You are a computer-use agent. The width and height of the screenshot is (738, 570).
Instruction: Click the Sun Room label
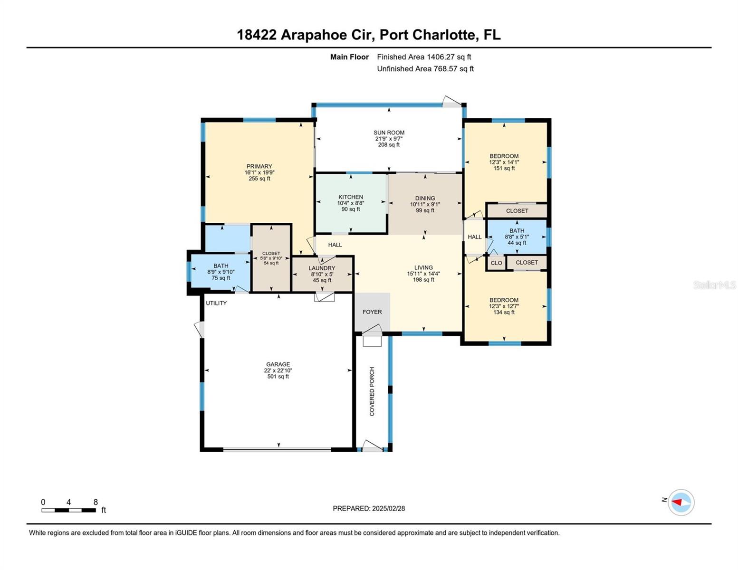[x=389, y=133]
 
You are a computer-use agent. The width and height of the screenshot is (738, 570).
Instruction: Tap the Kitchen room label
[x=351, y=197]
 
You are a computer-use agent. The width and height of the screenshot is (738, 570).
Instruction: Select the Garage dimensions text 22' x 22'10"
[x=278, y=370]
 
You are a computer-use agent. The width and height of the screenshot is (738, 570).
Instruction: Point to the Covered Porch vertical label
[x=372, y=391]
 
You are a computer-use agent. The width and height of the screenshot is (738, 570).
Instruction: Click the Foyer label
[x=372, y=312]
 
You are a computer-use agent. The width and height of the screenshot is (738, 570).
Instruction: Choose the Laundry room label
[x=322, y=268]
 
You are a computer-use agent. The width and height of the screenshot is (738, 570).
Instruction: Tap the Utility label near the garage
[x=216, y=303]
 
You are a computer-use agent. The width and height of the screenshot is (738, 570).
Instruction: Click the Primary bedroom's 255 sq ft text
[x=259, y=179]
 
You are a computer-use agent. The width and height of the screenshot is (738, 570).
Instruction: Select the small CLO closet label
[x=496, y=263]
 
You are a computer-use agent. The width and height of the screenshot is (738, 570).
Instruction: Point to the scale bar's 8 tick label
[x=96, y=502]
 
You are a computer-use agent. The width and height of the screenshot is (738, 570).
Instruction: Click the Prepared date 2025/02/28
[x=388, y=508]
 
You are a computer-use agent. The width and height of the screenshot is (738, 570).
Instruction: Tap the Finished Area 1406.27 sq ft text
[x=424, y=57]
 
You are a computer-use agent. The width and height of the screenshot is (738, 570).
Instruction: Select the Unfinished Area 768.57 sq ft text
[x=425, y=69]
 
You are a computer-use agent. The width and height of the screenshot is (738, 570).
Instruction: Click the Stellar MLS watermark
[x=714, y=285]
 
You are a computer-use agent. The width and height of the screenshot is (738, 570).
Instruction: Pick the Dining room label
[x=425, y=199]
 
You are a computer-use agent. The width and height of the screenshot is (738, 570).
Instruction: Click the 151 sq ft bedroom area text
[x=504, y=168]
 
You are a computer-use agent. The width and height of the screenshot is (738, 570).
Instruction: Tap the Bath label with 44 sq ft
[x=517, y=231]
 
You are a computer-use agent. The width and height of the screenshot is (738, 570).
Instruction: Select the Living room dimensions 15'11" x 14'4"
[x=423, y=274]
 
